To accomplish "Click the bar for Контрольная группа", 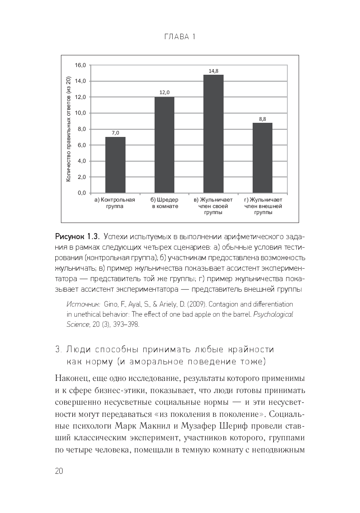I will [115, 165].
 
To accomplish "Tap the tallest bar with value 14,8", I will [213, 134].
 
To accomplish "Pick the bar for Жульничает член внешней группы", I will [263, 158].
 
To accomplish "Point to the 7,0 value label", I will [115, 133].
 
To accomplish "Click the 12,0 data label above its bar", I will [164, 93].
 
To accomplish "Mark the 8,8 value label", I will [262, 119].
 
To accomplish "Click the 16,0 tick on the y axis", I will [81, 65].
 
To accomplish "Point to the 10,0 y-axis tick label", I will [81, 113].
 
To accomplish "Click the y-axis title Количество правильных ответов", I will [68, 129].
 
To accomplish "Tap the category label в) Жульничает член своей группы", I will [213, 206].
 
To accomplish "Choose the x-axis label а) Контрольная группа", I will [115, 203].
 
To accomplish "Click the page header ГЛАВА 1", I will [180, 37].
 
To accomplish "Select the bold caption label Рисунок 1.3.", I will [77, 236].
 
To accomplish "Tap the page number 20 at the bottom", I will [59, 471].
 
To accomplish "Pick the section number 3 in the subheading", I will [57, 349].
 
